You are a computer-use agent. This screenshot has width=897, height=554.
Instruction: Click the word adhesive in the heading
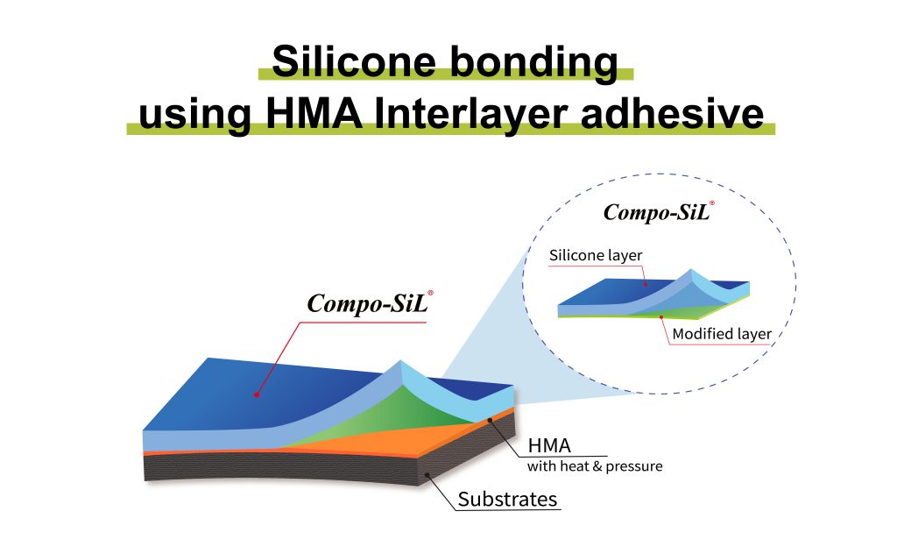[x=672, y=112]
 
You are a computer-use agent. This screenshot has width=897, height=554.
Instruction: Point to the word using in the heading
[x=195, y=117]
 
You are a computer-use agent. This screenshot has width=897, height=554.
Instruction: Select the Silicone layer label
[x=596, y=255]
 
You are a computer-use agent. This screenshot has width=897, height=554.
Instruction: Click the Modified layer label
[x=722, y=334]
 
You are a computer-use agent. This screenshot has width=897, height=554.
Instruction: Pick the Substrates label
[x=507, y=499]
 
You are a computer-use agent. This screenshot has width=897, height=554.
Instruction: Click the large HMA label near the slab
[x=549, y=445]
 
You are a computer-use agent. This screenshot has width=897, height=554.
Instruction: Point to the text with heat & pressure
[x=595, y=465]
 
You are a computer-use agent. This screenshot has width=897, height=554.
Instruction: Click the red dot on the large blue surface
[x=257, y=394]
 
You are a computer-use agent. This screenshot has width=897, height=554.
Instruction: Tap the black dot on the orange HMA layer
[x=491, y=420]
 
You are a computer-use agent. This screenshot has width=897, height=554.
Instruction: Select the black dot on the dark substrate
[x=427, y=475]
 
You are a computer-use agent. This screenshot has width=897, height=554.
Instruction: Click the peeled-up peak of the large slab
[x=401, y=362]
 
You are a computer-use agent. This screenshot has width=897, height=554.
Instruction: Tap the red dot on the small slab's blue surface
[x=646, y=284]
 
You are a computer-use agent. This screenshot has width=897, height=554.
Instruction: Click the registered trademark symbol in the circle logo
[x=711, y=202]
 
